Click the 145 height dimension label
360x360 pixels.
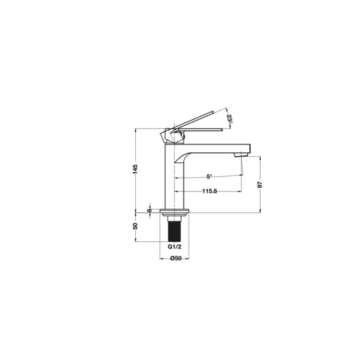pyautogui.click(x=135, y=169)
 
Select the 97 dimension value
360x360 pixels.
pyautogui.click(x=260, y=185)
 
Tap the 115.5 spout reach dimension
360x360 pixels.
pyautogui.click(x=210, y=191)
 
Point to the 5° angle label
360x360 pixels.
pyautogui.click(x=209, y=176)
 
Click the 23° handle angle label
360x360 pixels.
pyautogui.click(x=229, y=119)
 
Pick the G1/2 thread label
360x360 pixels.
pyautogui.click(x=174, y=247)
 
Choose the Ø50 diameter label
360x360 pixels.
pyautogui.click(x=176, y=258)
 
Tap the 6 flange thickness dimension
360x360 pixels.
pyautogui.click(x=150, y=210)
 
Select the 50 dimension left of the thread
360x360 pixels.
pyautogui.click(x=135, y=226)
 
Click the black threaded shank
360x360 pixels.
pyautogui.click(x=174, y=231)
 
